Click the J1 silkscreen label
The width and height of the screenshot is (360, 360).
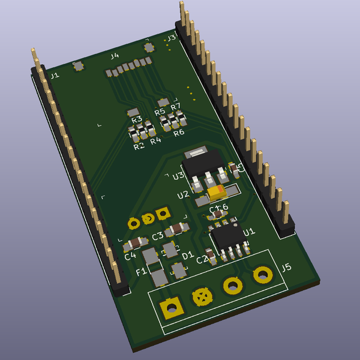tap(55, 76)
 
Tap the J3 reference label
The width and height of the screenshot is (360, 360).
tap(171, 38)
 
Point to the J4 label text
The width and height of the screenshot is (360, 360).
tap(114, 56)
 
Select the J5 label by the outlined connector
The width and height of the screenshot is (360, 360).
tap(286, 268)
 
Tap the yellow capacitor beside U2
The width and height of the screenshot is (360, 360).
tap(216, 193)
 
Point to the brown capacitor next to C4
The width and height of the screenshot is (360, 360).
tap(134, 244)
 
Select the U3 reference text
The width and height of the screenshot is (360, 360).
tap(178, 176)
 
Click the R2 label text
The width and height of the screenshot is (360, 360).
tap(139, 146)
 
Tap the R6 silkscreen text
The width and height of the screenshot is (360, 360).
tap(179, 133)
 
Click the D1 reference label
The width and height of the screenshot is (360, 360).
tap(187, 256)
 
